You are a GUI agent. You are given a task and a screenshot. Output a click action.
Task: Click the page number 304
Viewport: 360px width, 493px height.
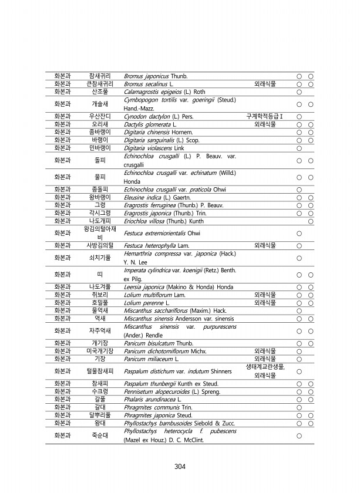point(180,467)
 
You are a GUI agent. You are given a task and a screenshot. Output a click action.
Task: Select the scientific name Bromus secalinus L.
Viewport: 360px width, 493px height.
point(144,84)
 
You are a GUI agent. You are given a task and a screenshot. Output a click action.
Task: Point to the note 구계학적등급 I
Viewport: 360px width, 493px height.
point(265,117)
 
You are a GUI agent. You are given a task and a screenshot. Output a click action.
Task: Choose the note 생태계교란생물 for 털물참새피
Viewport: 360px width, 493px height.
point(265,367)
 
